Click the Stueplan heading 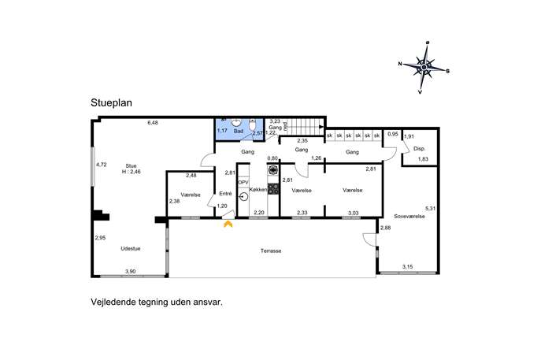point(111,103)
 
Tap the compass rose point(424,68)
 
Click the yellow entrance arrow point(228,225)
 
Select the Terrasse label point(271,251)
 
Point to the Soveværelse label point(409,217)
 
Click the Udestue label point(131,248)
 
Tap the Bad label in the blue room point(239,132)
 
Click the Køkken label point(258,190)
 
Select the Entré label point(225,194)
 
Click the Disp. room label point(419,149)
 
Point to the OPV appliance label point(243,182)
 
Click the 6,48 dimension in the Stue point(153,123)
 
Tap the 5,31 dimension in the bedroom point(431,209)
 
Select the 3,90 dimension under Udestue point(130,271)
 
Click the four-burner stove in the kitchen point(273,188)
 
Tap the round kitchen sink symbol point(243,197)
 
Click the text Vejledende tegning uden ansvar point(157,302)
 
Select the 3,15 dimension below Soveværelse point(407,266)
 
